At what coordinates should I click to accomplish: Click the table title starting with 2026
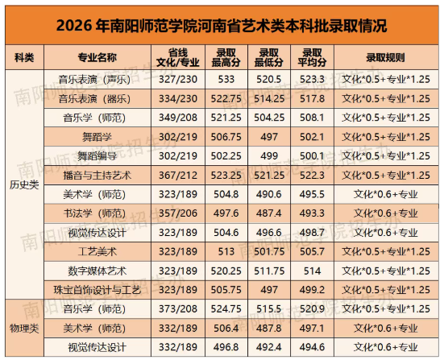tap(222, 26)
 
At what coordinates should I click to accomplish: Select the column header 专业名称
tap(98, 57)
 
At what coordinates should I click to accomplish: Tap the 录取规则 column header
tap(386, 57)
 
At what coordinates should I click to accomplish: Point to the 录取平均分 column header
tap(312, 57)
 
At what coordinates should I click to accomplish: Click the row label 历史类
tap(24, 184)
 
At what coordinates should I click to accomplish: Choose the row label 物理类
tap(24, 329)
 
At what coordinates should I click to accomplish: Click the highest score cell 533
tap(226, 79)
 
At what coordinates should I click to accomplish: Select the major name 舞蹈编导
tap(98, 156)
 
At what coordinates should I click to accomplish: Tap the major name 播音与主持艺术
tap(98, 176)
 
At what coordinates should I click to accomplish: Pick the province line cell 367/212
tap(178, 176)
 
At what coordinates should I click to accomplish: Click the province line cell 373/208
tap(178, 308)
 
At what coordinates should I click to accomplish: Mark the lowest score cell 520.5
tap(269, 79)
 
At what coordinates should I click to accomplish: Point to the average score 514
tap(312, 271)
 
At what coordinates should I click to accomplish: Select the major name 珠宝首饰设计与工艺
tap(98, 290)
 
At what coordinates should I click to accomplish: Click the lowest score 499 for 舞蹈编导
tap(269, 156)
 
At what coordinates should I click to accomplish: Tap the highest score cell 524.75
tap(226, 308)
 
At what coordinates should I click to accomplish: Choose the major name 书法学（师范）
tap(94, 213)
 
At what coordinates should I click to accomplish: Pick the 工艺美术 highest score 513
tap(226, 251)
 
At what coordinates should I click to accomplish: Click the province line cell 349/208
tap(178, 118)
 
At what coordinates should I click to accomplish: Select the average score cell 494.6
tap(312, 347)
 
